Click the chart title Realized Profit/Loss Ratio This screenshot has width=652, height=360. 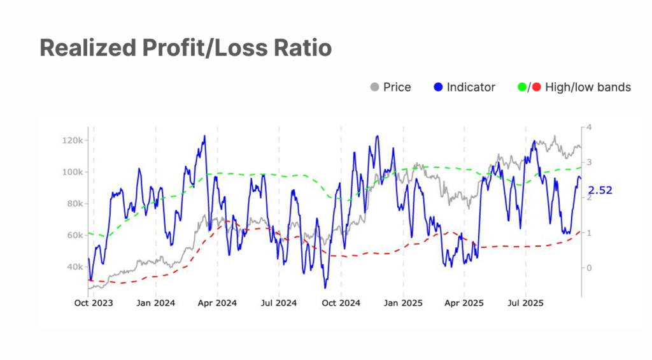[x=185, y=48]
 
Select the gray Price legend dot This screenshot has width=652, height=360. [x=374, y=87]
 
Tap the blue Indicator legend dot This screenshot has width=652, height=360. [x=438, y=87]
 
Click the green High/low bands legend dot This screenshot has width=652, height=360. [x=523, y=87]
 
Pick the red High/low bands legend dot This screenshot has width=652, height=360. [x=537, y=87]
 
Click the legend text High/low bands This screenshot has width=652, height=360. [x=588, y=87]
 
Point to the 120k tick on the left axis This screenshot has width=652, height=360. [x=74, y=140]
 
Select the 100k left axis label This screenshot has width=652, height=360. [x=74, y=172]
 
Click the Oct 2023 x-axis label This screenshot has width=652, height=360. [x=93, y=303]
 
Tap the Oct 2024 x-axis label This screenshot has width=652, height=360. [x=341, y=303]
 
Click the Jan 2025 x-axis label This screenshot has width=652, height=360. [x=402, y=303]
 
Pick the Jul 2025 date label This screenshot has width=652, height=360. [x=525, y=303]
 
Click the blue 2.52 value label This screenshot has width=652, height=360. [x=600, y=190]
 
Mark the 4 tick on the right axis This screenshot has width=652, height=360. [x=589, y=127]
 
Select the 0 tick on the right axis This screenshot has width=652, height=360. [x=589, y=268]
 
